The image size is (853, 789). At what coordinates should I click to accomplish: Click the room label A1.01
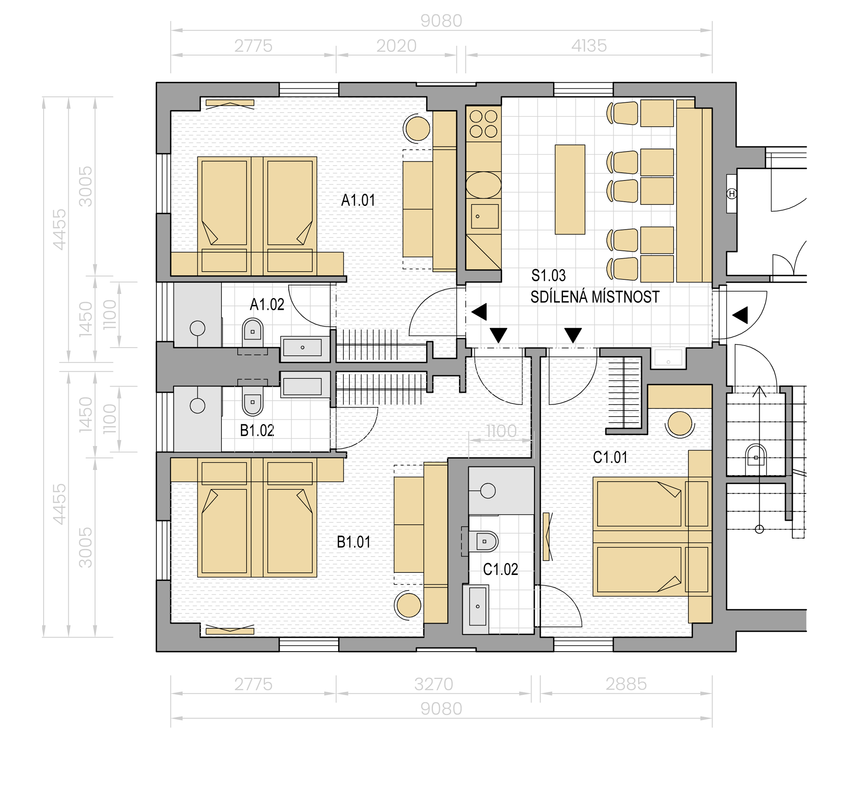(358, 200)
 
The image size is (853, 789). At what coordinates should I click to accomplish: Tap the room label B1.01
(354, 542)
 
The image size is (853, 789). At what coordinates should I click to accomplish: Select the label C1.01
(610, 458)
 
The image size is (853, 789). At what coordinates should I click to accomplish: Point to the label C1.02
(500, 569)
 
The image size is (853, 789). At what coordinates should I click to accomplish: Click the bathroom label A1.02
(267, 305)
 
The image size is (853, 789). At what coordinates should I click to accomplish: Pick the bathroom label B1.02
(257, 430)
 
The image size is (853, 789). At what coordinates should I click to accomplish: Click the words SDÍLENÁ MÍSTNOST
(595, 297)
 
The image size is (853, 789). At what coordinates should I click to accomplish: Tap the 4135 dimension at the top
(589, 46)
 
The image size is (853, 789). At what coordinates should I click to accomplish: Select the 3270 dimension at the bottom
(433, 685)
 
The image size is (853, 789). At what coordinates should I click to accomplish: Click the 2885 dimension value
(626, 685)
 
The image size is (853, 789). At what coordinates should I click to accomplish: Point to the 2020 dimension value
(396, 46)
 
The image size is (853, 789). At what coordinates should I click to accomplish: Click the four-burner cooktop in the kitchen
(483, 124)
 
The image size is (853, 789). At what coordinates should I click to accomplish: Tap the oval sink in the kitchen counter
(483, 185)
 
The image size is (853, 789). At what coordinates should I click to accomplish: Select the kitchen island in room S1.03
(569, 189)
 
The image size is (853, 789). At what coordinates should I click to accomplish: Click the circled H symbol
(732, 194)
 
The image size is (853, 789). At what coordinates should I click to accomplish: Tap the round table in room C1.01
(680, 424)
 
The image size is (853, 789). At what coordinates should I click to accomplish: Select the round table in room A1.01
(418, 128)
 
